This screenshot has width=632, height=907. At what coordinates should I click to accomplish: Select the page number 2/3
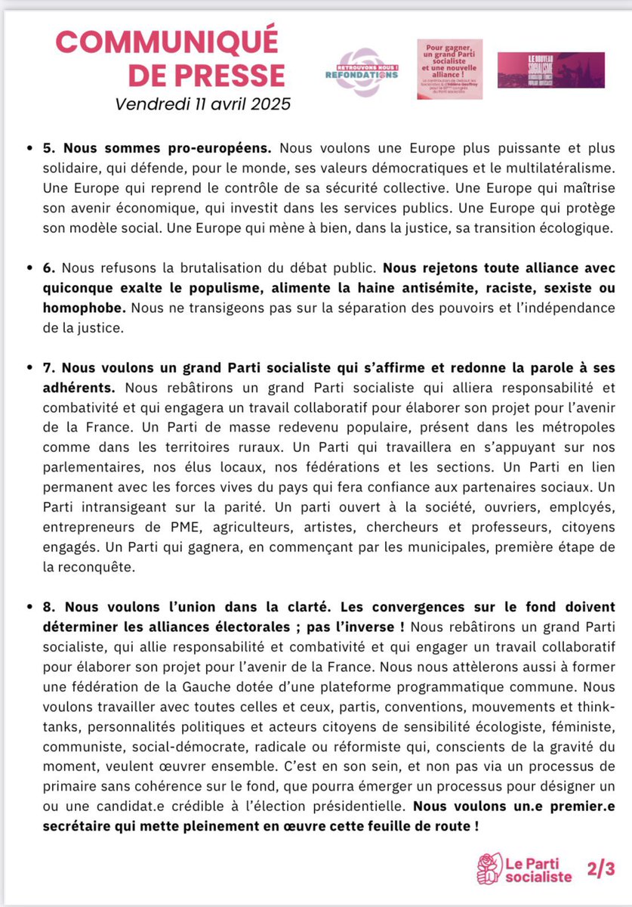(594, 869)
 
